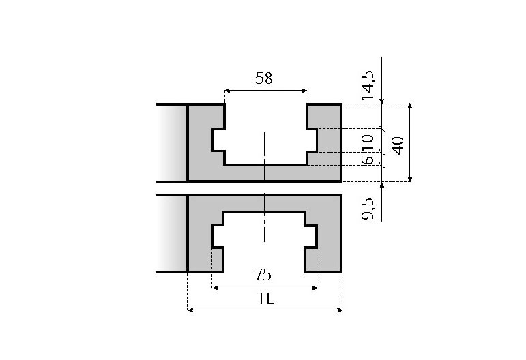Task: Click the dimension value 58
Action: point(263,78)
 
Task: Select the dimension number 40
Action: point(398,143)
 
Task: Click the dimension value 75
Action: point(263,275)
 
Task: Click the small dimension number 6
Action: point(368,159)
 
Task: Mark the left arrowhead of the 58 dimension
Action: point(227,90)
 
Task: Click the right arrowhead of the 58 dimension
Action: point(303,90)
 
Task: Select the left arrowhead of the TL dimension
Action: point(190,310)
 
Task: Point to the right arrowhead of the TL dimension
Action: point(338,310)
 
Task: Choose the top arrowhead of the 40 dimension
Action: point(409,107)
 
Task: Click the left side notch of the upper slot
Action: point(219,140)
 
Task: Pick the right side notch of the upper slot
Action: point(312,140)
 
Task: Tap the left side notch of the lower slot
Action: point(218,236)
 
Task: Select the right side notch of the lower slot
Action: point(311,236)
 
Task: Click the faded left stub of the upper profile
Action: point(172,143)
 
